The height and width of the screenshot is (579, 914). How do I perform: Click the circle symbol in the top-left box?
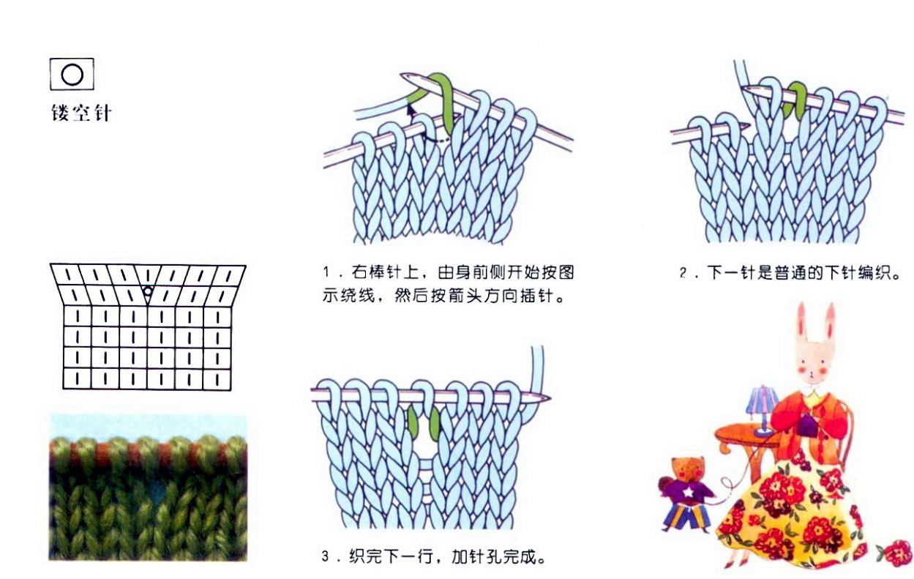[x=72, y=75]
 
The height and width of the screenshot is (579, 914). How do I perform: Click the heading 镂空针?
[x=81, y=113]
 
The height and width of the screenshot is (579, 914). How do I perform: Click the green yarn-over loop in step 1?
[x=442, y=102]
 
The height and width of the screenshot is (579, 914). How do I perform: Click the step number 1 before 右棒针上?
[x=326, y=272]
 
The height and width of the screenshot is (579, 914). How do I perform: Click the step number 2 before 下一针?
[x=683, y=273]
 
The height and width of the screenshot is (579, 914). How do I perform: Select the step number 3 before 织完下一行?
[x=325, y=556]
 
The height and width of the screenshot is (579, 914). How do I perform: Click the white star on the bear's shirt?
[x=689, y=493]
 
